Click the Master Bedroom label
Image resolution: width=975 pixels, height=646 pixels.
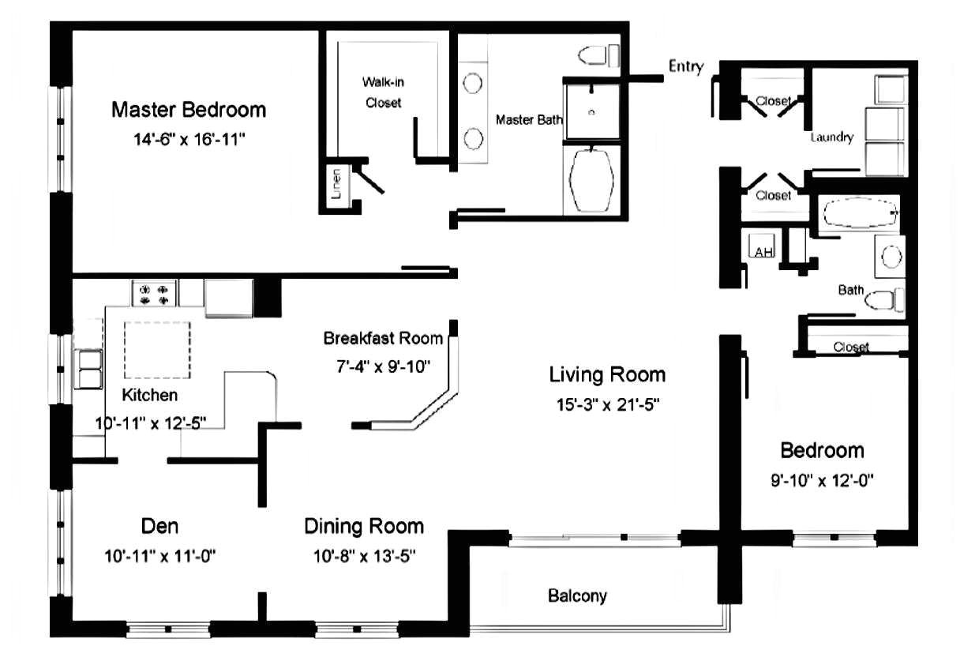pyautogui.click(x=189, y=110)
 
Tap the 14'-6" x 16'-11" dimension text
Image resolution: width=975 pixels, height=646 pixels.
pyautogui.click(x=189, y=140)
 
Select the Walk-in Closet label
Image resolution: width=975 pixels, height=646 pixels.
pyautogui.click(x=383, y=92)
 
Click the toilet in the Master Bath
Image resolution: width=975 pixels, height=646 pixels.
pyautogui.click(x=598, y=55)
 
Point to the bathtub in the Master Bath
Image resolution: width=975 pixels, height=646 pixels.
pyautogui.click(x=591, y=181)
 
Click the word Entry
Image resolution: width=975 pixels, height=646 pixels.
pyautogui.click(x=686, y=66)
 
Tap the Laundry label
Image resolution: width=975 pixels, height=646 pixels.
pyautogui.click(x=832, y=137)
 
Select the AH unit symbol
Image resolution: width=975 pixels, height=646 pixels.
pyautogui.click(x=762, y=246)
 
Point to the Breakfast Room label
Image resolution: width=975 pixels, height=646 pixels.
pyautogui.click(x=383, y=338)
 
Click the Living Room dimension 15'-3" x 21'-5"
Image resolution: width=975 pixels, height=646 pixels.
pyautogui.click(x=608, y=405)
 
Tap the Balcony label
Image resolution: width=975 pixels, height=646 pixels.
pyautogui.click(x=577, y=596)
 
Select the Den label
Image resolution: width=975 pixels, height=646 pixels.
pyautogui.click(x=159, y=526)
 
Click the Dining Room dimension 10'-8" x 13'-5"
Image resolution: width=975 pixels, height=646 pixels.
pyautogui.click(x=364, y=556)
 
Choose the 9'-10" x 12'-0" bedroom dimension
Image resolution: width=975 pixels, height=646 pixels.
pyautogui.click(x=822, y=481)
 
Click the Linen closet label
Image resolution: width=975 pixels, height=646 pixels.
pyautogui.click(x=336, y=184)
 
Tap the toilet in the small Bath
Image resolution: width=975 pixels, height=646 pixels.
pyautogui.click(x=884, y=300)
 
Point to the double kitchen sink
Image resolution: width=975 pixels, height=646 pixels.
pyautogui.click(x=88, y=369)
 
